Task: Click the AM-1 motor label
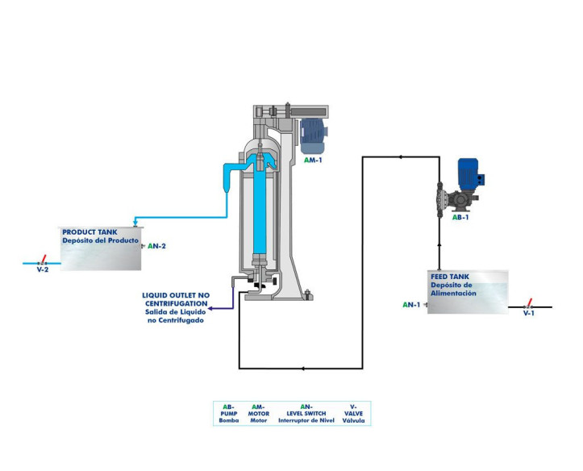[x=314, y=160]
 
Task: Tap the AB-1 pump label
[x=460, y=217]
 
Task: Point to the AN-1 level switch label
[x=411, y=305]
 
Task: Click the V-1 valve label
[x=529, y=313]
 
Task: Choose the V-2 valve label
[x=43, y=269]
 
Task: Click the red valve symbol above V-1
[x=529, y=304]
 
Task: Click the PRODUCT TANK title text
[x=90, y=232]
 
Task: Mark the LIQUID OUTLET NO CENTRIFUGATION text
[x=175, y=300]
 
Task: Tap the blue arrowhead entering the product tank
[x=135, y=222]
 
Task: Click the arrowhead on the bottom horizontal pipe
[x=302, y=369]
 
